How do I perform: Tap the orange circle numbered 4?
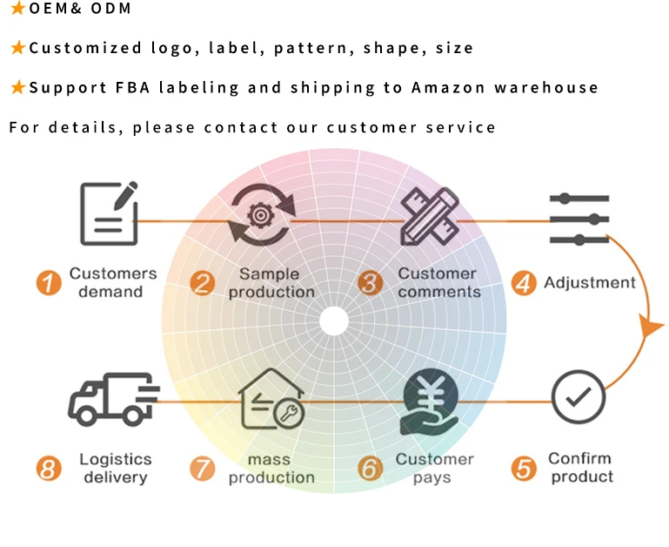point(524,283)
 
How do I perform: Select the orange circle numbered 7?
point(202,469)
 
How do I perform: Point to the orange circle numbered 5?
point(524,469)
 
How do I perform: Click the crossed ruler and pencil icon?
point(428,213)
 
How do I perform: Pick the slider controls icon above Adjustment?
point(579,218)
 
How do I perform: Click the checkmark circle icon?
point(579,398)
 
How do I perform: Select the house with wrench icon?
point(271,400)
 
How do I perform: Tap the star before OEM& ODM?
point(17,9)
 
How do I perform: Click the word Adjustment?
point(589,282)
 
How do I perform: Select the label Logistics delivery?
point(115,468)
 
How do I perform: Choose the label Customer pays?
point(434,468)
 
